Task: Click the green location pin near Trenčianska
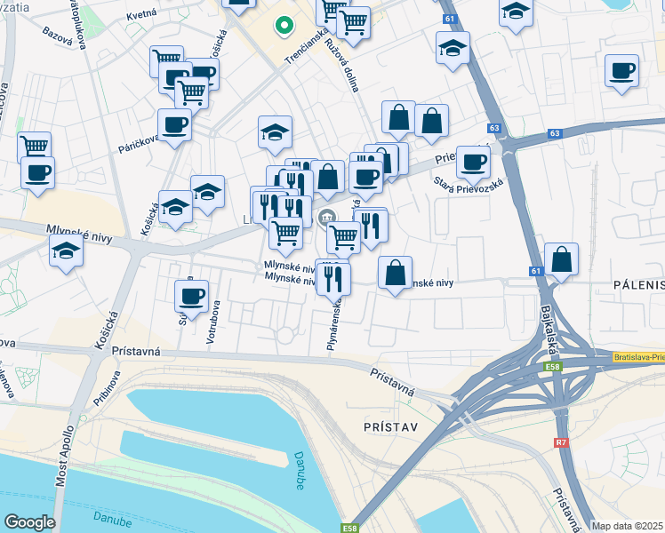[x=284, y=26]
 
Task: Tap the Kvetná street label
[x=141, y=15]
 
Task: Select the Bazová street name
[x=59, y=36]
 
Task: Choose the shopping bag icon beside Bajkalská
[x=562, y=259]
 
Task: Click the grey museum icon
[x=327, y=215]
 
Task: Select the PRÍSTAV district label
[x=390, y=426]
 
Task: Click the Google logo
[x=29, y=521]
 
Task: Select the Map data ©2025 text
[x=628, y=526]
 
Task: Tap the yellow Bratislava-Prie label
[x=638, y=357]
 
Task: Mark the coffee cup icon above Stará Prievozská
[x=473, y=162]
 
